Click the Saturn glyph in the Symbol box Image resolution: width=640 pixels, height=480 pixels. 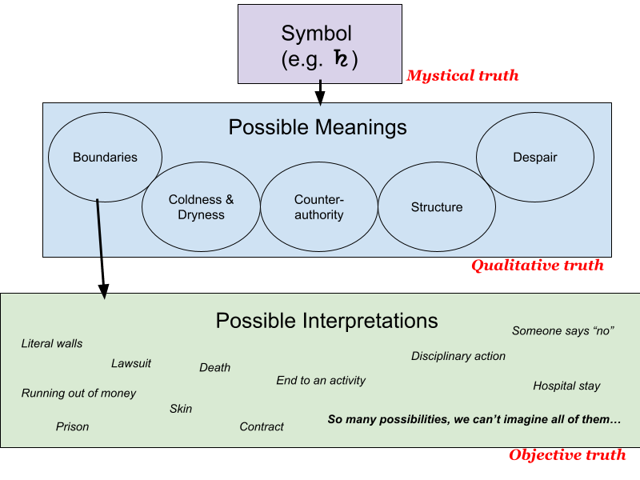coord(342,59)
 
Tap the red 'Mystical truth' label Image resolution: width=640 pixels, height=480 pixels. coord(462,76)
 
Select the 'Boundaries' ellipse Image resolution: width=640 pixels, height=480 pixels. coord(105,158)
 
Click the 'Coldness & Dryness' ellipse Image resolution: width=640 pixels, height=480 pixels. coord(201,207)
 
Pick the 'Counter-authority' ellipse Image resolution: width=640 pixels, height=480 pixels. coord(318,207)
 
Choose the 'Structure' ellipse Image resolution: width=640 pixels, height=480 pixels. coord(436,207)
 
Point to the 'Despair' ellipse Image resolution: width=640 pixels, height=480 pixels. coord(534,158)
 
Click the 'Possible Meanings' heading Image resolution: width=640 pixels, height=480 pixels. coord(318,127)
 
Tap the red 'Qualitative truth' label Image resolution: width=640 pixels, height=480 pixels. coord(537,266)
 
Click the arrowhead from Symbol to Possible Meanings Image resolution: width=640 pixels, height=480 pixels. coord(320,98)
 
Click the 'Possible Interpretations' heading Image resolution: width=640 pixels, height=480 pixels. coord(326,321)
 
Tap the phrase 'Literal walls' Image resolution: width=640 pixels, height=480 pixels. coord(52,344)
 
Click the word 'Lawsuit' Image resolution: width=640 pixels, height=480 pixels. coord(131,364)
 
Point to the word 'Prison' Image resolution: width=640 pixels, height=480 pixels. coord(72,426)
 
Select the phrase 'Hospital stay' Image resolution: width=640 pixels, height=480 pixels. coord(566,386)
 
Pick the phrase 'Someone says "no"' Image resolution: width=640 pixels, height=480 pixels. coord(562,330)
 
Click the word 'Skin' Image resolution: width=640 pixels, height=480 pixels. coord(181,409)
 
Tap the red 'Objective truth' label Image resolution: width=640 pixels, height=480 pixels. coord(567,455)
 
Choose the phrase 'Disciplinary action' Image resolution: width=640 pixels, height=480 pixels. coord(458,356)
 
